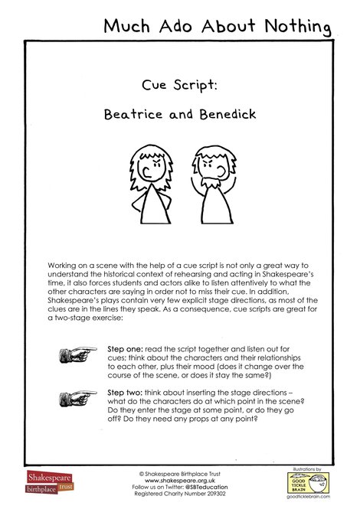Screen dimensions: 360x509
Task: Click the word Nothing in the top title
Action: coord(294,27)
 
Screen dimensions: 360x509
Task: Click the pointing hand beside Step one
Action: coord(77,353)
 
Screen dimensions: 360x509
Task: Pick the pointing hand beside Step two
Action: coord(77,397)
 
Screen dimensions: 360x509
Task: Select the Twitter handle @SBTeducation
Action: coord(208,487)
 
